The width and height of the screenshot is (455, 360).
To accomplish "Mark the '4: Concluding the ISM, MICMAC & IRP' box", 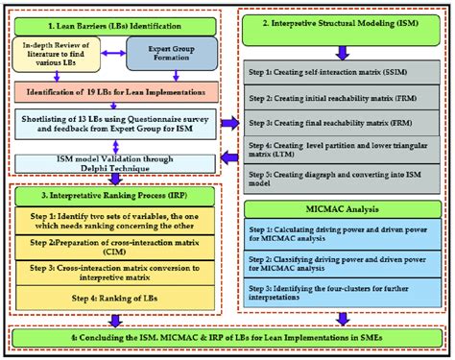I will pos(227,338).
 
